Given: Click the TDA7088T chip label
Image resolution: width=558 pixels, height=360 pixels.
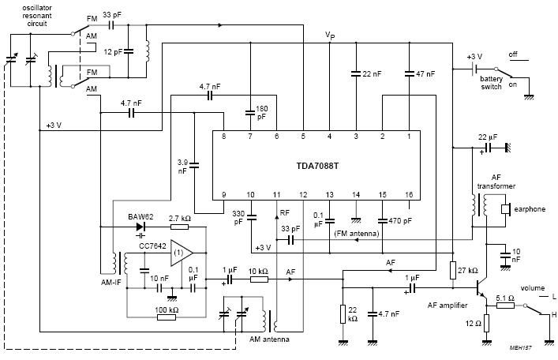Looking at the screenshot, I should click(x=315, y=167).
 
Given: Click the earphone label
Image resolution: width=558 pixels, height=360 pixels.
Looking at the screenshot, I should click(x=530, y=209).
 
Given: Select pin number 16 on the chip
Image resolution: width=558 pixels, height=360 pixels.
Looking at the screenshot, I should click(x=408, y=193).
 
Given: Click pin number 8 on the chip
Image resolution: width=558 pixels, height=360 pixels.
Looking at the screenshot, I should click(x=223, y=137).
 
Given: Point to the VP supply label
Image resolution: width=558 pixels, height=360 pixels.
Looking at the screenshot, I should click(x=330, y=36).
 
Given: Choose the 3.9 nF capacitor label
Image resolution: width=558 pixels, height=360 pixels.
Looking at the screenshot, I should click(x=182, y=166).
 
